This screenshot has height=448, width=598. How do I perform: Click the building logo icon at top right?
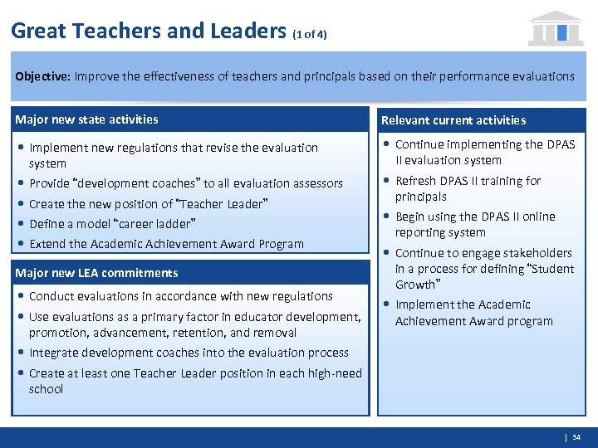tap(556, 28)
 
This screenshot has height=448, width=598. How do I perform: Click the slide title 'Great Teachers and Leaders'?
tap(149, 32)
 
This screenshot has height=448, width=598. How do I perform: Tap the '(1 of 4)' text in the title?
tap(310, 35)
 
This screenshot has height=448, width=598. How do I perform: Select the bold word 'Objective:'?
tap(42, 75)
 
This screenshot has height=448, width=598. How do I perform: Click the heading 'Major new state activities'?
tap(87, 119)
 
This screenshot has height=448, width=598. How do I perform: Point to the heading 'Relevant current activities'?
tap(453, 120)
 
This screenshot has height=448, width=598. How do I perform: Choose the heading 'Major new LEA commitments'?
tap(96, 273)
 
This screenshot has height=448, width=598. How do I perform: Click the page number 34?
tap(576, 437)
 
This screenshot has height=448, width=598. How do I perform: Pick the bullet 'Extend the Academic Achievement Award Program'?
tap(166, 244)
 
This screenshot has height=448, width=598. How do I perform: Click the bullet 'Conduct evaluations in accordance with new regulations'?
tap(180, 296)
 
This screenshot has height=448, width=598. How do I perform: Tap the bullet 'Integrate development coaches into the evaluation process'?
tap(189, 353)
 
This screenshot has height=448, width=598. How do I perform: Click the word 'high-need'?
tap(333, 373)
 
